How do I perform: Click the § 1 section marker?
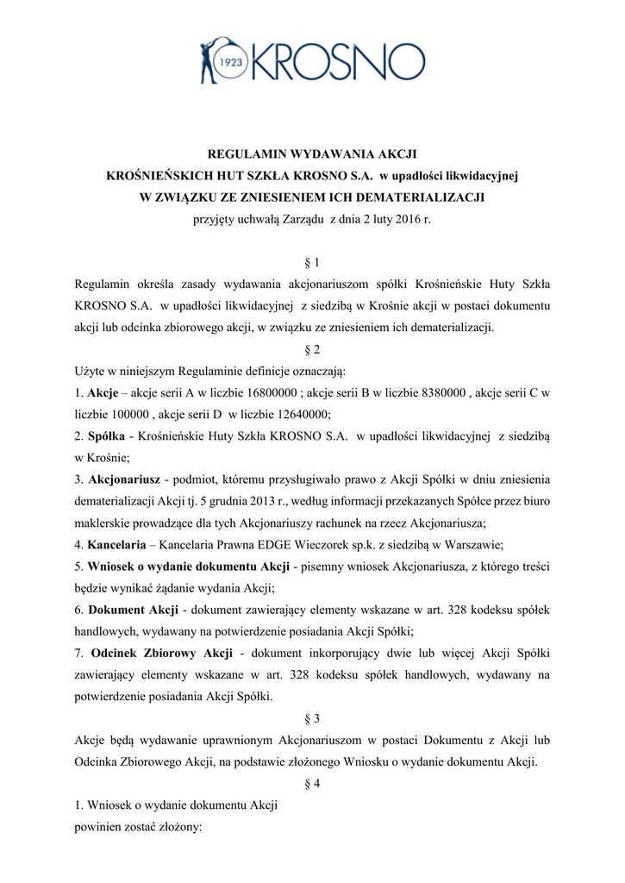(x=313, y=261)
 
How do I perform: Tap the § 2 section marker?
(x=313, y=350)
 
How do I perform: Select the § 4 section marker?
(x=313, y=784)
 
